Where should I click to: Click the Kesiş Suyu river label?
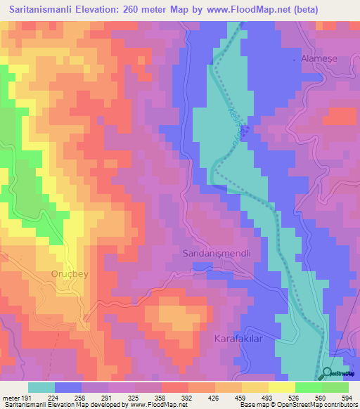238,118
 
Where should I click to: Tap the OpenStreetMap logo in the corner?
340,373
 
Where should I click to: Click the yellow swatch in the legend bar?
281,387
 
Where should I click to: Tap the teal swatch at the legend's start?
41,387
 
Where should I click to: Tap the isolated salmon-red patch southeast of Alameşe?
342,116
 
